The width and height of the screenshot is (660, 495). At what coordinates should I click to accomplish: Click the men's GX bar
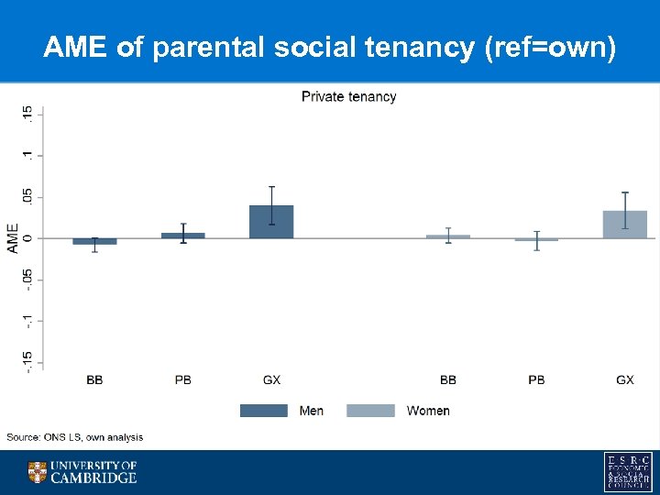271,222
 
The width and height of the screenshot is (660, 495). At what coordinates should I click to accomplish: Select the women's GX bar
624,225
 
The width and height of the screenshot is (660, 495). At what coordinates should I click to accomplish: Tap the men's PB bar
183,236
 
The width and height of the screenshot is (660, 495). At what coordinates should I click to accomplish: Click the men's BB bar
94,241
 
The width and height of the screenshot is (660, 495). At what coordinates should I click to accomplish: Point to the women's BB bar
447,236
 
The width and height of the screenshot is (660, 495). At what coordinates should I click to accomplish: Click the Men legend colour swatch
263,411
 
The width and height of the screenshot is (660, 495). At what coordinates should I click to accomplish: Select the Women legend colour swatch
370,411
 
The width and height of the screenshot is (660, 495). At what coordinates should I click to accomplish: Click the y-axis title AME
13,238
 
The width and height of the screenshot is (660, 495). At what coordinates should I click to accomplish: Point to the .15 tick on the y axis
28,114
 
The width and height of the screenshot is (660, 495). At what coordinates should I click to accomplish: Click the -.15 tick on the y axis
28,360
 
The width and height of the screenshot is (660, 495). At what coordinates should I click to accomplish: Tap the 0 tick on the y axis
28,238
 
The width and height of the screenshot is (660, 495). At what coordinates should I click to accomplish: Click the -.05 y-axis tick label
28,279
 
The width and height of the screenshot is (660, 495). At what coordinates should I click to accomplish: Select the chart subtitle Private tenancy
349,97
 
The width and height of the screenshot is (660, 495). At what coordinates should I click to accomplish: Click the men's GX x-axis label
271,379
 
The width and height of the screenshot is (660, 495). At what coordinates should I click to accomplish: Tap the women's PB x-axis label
536,379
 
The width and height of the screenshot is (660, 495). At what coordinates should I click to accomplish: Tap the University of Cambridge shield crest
38,472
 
